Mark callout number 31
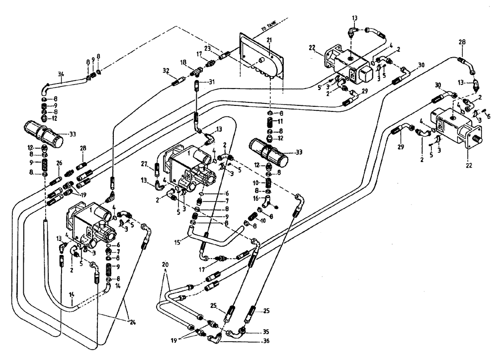211,82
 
